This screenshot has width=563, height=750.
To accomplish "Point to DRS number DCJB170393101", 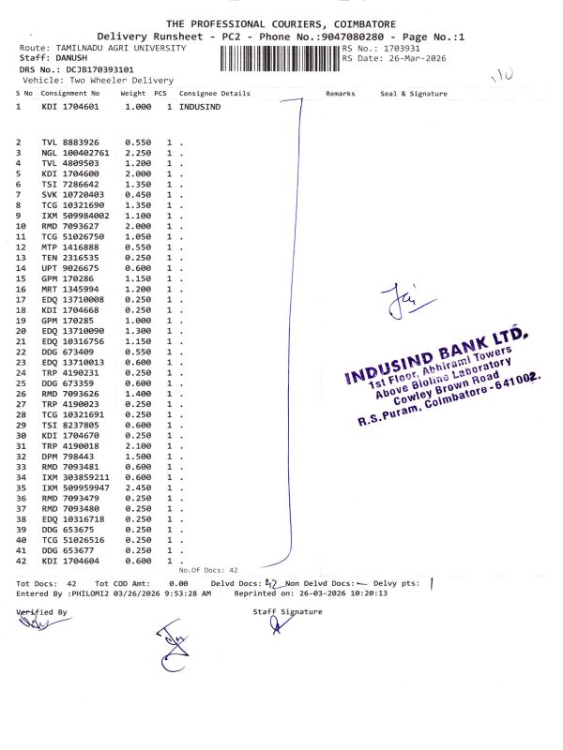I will (96, 69).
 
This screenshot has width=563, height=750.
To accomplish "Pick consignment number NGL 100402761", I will (76, 152).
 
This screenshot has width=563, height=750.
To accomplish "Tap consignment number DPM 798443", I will (68, 456).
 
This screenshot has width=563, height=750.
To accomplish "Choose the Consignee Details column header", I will (215, 94).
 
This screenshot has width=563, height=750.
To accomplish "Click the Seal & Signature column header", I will (413, 94).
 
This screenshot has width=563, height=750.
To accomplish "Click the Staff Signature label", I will (287, 611).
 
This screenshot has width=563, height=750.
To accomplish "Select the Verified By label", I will (42, 611).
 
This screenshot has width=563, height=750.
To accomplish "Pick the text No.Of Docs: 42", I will (208, 570).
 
